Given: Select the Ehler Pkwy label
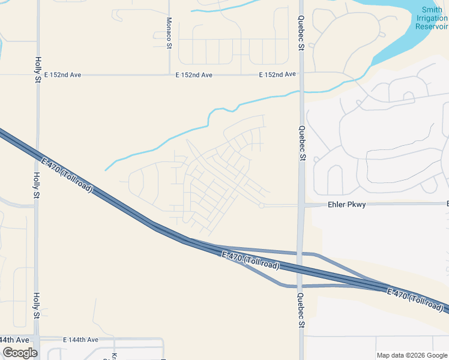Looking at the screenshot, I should [347, 205].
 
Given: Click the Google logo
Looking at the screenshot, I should [20, 353].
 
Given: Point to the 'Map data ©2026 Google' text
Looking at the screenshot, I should [412, 355].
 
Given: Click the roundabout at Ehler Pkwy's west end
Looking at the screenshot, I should [261, 206].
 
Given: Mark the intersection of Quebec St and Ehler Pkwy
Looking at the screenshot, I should [301, 205].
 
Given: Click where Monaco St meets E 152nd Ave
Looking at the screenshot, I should [169, 75].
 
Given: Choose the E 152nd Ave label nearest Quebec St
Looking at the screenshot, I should [277, 74].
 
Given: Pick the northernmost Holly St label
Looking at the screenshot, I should [37, 69].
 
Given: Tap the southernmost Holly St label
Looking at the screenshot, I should [37, 305].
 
